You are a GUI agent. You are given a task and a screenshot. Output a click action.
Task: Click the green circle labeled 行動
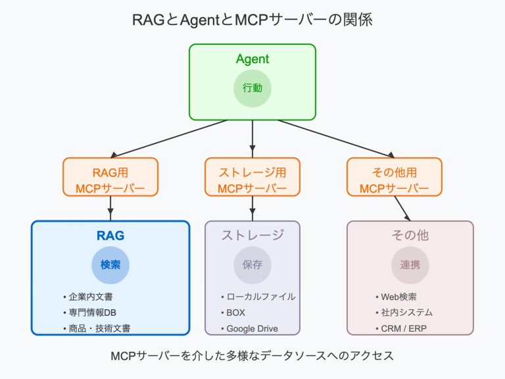(x=252, y=88)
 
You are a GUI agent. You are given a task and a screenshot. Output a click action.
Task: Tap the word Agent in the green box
(x=252, y=59)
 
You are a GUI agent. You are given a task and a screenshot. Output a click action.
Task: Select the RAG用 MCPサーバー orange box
(x=110, y=177)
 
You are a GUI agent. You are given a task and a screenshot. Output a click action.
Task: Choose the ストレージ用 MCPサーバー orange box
(x=252, y=177)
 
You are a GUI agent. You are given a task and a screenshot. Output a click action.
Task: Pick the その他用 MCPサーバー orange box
(x=394, y=177)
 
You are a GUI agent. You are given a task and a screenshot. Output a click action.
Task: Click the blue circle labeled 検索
(x=110, y=265)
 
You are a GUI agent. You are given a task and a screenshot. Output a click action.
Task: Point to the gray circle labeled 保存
(x=252, y=265)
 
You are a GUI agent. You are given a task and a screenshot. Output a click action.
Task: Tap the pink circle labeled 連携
(x=410, y=265)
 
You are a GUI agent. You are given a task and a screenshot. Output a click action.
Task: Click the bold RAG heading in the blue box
(x=110, y=236)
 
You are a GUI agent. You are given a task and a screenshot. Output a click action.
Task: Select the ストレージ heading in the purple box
(x=252, y=236)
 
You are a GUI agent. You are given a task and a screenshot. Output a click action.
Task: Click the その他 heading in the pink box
(x=410, y=236)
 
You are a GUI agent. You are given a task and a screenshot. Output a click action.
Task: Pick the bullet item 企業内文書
(x=90, y=297)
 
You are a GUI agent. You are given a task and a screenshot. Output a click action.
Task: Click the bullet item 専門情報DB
(x=92, y=313)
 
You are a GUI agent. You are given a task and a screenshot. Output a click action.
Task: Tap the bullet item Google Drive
(x=252, y=328)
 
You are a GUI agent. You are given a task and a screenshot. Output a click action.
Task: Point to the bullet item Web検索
(x=400, y=297)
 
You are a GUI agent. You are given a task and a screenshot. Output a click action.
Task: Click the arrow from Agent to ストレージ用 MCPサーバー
(x=252, y=138)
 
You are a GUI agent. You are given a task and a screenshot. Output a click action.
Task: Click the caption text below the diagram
(x=252, y=356)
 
